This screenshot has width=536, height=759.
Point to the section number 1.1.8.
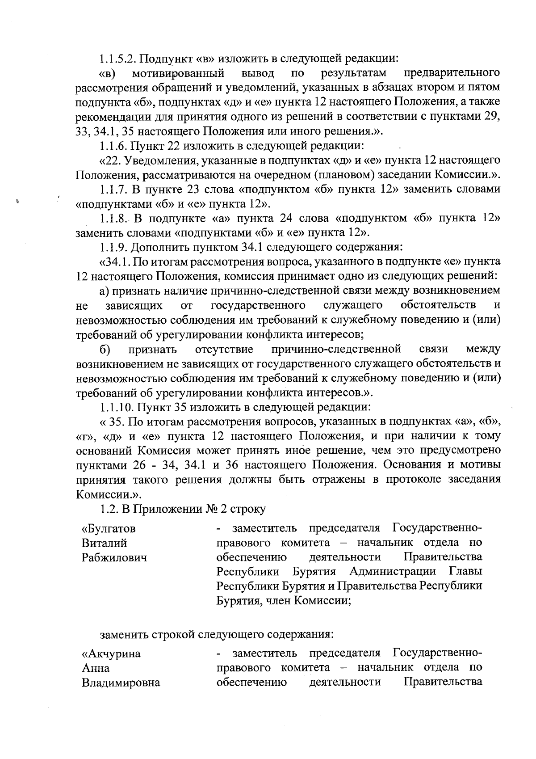tap(114, 218)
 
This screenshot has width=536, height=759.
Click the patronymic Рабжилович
tap(114, 558)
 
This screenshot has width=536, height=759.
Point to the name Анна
tap(96, 668)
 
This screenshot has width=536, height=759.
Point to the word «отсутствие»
tap(224, 349)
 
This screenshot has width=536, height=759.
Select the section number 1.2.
tap(109, 509)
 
